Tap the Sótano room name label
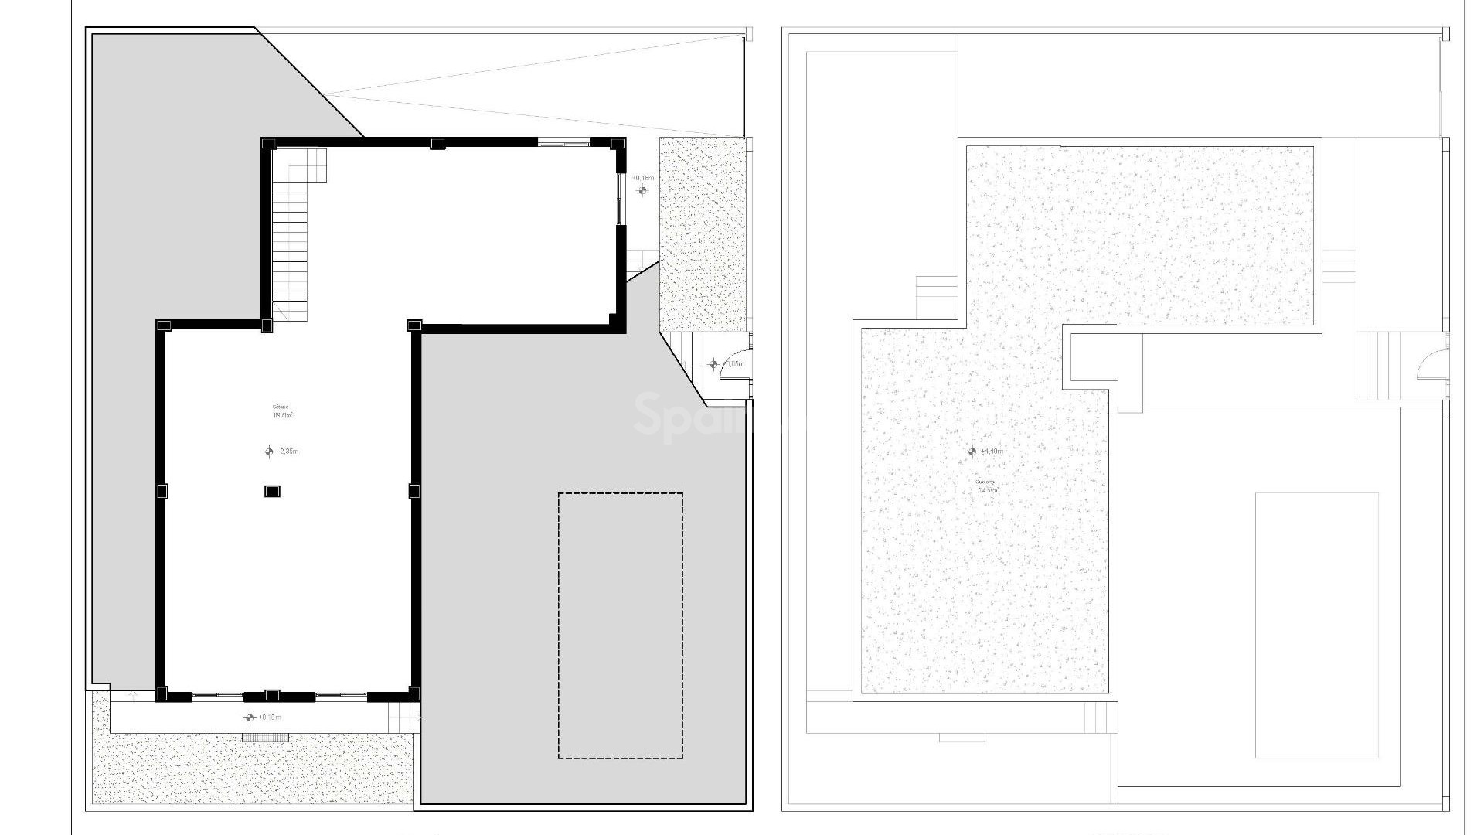tap(280, 407)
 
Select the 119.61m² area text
tap(282, 415)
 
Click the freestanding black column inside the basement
tap(272, 491)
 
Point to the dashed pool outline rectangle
tap(621, 625)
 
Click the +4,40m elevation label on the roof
tap(992, 452)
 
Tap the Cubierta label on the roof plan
tap(985, 482)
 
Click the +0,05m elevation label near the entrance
tap(734, 363)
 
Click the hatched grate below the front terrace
tap(264, 738)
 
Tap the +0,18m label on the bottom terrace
tap(270, 717)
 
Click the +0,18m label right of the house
tap(644, 178)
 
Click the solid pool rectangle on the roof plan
tap(1316, 625)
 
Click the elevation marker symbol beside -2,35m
tap(269, 452)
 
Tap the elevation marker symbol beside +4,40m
tap(972, 452)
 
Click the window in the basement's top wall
tap(563, 143)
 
